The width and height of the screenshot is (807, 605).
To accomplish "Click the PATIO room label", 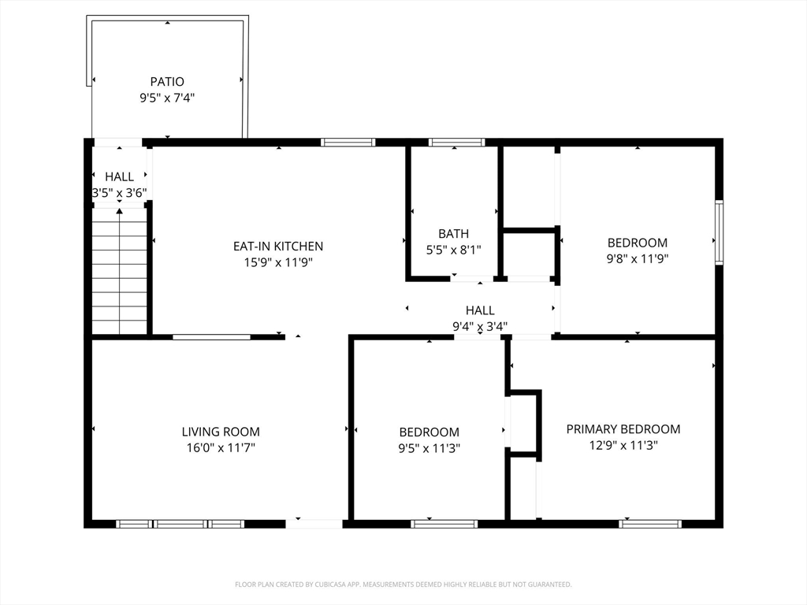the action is coord(167,81).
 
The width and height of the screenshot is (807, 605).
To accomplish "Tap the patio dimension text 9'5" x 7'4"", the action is coord(167,98).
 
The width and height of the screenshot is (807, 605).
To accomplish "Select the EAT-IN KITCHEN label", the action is coord(278,247).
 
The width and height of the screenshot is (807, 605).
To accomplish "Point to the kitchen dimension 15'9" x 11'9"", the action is coord(278,263).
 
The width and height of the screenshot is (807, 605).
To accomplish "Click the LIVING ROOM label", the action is coord(221,432).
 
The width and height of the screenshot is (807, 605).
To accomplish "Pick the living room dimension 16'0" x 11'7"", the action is coord(221,448).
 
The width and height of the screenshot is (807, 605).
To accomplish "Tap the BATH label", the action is coord(453,234).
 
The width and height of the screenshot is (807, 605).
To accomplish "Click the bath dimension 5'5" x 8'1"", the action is coord(453,251).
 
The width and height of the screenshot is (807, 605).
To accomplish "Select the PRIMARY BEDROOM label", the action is coord(623,429).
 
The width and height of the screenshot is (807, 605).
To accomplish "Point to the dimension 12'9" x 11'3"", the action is coord(623,446).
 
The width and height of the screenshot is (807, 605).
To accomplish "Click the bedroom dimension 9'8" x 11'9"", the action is coord(637,258).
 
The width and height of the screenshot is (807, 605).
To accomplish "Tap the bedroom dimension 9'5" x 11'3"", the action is coord(430,448).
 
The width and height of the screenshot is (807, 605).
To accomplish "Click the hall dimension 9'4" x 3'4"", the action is coord(480,327).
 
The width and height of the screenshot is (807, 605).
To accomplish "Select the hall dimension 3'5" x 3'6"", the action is coord(120,194).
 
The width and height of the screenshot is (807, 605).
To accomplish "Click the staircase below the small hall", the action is coord(120,271).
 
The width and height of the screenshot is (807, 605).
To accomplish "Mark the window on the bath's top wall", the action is coord(456,142).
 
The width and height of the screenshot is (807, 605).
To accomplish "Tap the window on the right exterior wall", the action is coord(719,232).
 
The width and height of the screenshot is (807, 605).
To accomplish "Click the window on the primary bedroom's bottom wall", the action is coord(650,524).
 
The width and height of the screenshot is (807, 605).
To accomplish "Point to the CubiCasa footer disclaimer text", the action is coord(403,585).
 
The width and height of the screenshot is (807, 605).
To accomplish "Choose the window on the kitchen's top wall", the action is coord(348,142).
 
